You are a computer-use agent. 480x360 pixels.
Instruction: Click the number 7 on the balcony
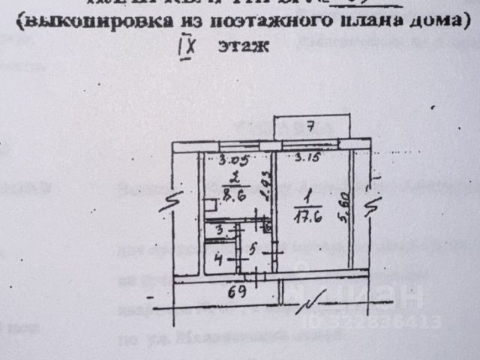coord(310,124)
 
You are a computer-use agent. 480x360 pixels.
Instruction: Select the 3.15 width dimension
coord(307,157)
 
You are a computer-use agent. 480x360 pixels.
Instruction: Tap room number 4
coord(218,261)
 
